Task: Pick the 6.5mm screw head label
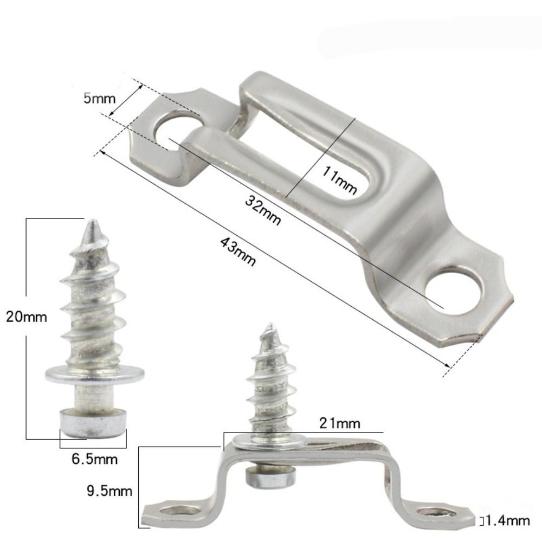point(95,460)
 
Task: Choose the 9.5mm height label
point(109,492)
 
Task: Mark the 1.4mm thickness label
point(507,521)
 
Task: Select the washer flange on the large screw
point(95,373)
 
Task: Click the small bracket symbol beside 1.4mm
point(481,521)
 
